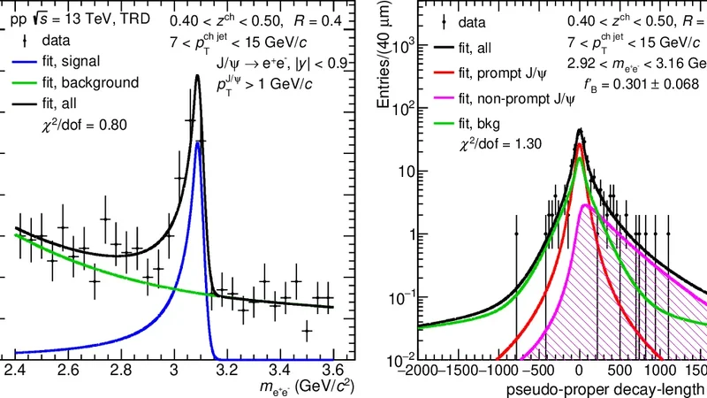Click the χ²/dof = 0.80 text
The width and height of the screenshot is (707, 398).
click(x=85, y=125)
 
